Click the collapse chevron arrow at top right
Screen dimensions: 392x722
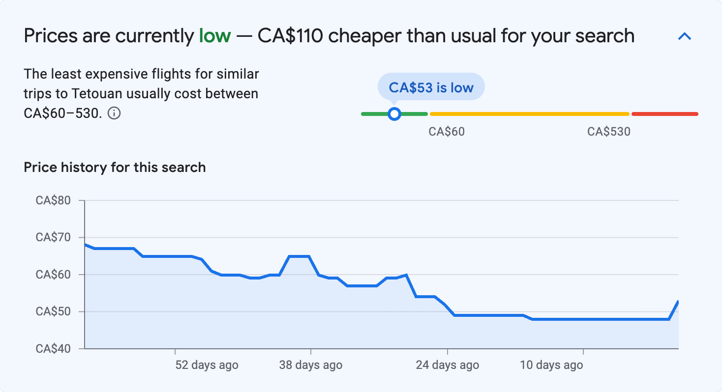point(685,36)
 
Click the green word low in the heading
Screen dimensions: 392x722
point(214,36)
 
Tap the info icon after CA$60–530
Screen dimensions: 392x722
point(114,113)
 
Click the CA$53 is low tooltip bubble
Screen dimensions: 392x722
point(431,87)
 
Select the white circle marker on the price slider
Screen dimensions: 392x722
point(394,114)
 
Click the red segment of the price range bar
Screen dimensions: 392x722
point(664,114)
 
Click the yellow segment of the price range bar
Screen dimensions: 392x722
point(529,114)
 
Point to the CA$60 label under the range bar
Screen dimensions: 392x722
point(447,132)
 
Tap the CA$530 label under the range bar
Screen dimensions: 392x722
point(608,132)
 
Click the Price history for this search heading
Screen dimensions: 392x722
point(115,168)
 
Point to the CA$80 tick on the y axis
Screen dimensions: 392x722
point(53,200)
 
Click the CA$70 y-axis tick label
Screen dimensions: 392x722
point(53,238)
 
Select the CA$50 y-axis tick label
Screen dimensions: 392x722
point(53,312)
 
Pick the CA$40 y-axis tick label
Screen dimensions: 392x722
point(53,349)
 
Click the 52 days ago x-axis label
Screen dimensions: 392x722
point(207,365)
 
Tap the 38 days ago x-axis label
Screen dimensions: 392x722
point(311,365)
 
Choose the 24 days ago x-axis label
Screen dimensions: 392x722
point(447,365)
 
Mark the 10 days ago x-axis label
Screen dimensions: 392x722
point(551,365)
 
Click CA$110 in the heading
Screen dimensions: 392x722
point(290,36)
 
